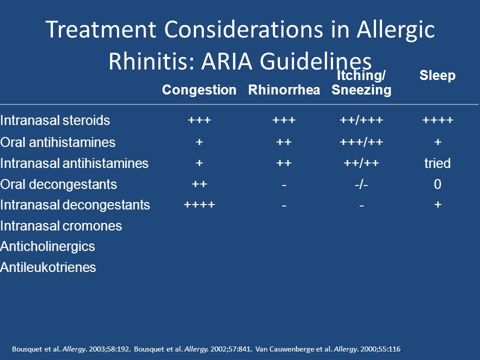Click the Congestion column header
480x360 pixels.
(199, 89)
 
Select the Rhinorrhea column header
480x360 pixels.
(284, 89)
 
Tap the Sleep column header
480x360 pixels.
(437, 75)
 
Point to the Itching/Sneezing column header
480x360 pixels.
(361, 82)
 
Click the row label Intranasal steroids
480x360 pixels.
(55, 120)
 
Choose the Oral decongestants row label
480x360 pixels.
(58, 184)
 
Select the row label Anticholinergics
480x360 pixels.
(47, 246)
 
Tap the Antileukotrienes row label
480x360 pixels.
(48, 267)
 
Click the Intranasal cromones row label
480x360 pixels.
(61, 226)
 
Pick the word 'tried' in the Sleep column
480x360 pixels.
(437, 163)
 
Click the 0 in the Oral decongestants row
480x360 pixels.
(437, 184)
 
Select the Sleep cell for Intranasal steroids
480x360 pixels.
(438, 119)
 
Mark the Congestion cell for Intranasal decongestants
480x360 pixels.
(199, 204)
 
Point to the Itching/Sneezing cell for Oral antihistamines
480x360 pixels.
(361, 142)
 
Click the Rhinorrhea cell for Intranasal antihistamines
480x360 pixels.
(284, 163)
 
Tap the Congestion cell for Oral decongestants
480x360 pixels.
(199, 184)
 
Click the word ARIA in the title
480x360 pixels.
(227, 60)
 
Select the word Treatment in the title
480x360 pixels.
(101, 29)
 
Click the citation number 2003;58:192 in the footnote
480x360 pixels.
(109, 349)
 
